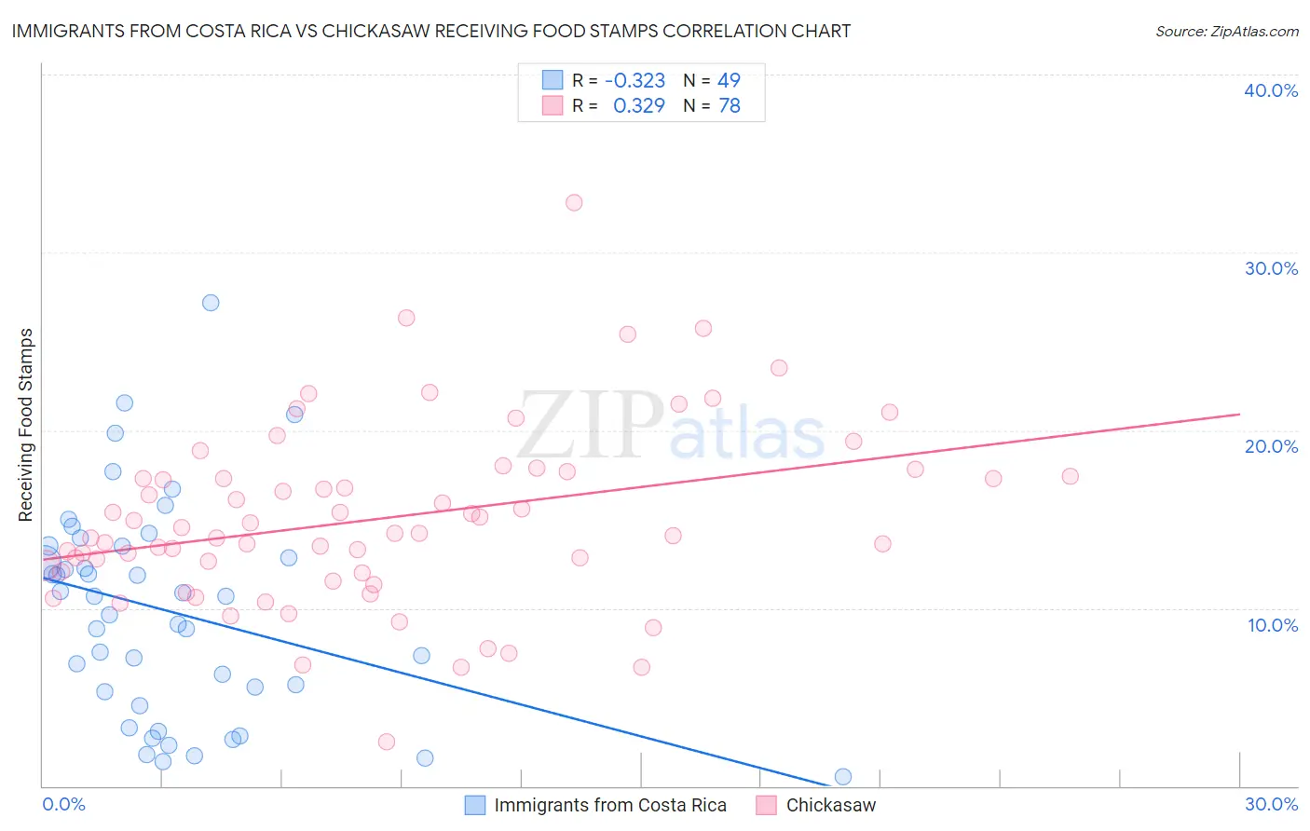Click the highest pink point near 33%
tap(574, 203)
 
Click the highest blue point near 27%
tap(211, 303)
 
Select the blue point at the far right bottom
tap(843, 777)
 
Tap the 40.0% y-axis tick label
tap(1271, 90)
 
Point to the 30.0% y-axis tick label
tap(1271, 268)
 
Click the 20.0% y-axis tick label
tap(1271, 446)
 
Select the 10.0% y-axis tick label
tap(1271, 625)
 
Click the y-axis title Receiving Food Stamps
tap(26, 425)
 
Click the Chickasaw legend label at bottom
tap(830, 806)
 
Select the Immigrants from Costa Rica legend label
tap(609, 806)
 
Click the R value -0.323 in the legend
tap(635, 81)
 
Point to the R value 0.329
tap(638, 106)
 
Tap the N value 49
tap(729, 81)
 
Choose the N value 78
tap(729, 106)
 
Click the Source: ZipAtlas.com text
tap(1226, 32)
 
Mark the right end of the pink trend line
tap(1239, 414)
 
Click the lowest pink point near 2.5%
tap(387, 742)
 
